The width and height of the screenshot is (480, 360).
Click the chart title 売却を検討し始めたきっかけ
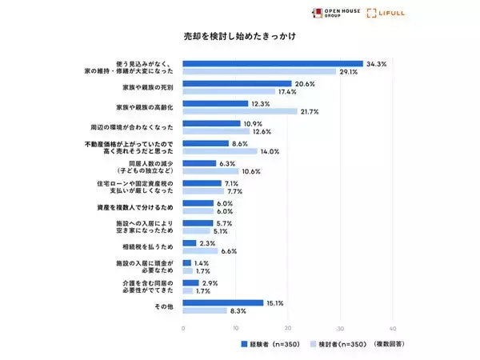(241, 37)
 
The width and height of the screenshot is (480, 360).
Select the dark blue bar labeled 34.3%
(273, 63)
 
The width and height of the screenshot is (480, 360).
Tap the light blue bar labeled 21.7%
(240, 111)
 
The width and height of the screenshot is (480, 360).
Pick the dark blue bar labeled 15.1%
(223, 302)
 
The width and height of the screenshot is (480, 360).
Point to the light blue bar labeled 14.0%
(220, 150)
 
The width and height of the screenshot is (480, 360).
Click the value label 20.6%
(304, 83)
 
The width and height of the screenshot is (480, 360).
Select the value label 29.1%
(349, 71)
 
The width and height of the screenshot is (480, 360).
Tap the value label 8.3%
(238, 310)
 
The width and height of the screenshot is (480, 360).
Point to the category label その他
(165, 306)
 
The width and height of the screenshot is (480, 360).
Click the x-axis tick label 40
(394, 329)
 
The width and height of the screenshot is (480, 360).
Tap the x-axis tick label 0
(183, 329)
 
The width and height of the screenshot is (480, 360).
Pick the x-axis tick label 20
(288, 329)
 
